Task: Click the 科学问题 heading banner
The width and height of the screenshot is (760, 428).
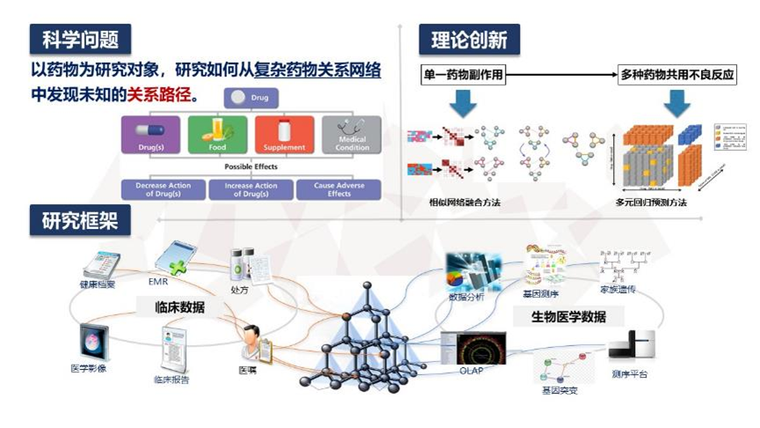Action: tap(80, 40)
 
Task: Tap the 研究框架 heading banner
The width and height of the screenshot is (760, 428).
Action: tap(80, 221)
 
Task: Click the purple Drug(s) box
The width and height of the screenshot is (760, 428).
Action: tap(152, 135)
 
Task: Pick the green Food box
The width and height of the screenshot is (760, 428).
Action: tap(217, 135)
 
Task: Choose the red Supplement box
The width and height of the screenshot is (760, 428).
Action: tap(284, 135)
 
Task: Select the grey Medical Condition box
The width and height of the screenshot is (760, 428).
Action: tap(351, 135)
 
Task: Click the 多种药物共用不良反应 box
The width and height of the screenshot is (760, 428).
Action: tap(677, 76)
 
